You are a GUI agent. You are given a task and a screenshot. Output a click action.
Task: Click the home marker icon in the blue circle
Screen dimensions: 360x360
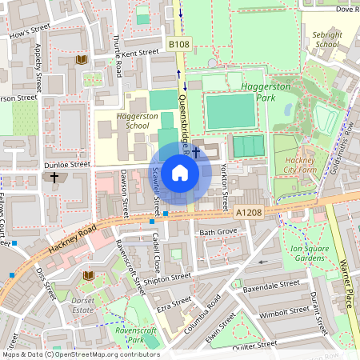click(180, 173)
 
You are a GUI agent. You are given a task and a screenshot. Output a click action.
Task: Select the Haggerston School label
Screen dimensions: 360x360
click(132, 120)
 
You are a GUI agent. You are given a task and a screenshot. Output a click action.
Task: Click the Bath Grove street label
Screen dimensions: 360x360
click(218, 233)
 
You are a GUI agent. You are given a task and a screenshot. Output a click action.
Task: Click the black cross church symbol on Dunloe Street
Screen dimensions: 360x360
click(54, 177)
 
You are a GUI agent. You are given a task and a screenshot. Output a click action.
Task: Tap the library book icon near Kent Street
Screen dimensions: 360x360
click(81, 60)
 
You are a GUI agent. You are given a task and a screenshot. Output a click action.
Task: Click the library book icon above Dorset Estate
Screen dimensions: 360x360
click(89, 275)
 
